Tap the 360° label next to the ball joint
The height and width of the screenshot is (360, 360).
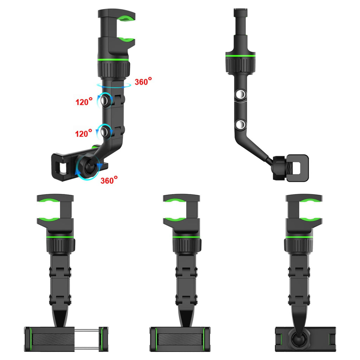(x=109, y=180)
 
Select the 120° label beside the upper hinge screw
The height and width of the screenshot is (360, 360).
(x=84, y=102)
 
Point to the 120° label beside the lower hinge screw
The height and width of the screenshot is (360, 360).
(x=84, y=133)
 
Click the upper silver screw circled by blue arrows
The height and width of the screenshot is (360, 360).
(x=104, y=100)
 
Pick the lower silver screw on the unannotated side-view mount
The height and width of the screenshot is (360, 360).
(x=241, y=125)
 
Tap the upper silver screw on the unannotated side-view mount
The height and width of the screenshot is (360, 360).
(x=241, y=94)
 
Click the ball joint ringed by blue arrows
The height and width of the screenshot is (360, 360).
(x=89, y=167)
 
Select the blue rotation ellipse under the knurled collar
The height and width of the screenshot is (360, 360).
(x=114, y=86)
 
